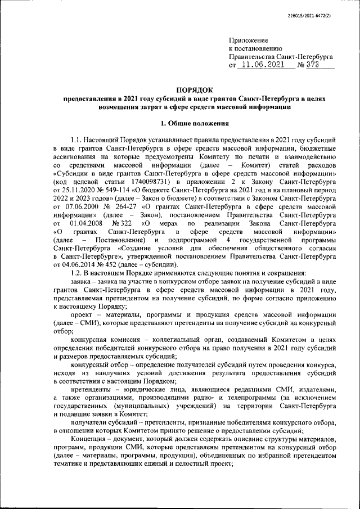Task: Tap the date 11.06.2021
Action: (x=263, y=65)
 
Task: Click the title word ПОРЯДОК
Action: (x=193, y=90)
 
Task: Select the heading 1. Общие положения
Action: (x=194, y=123)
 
